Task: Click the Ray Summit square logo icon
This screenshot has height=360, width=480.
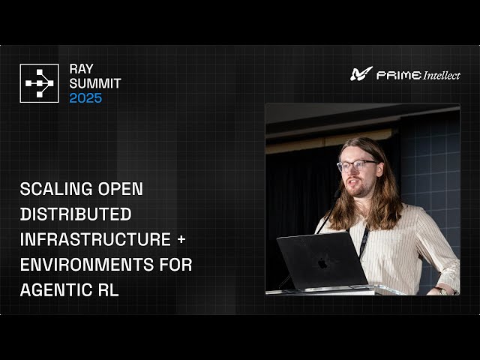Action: click(39, 83)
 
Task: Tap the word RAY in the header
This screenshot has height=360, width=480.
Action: click(82, 69)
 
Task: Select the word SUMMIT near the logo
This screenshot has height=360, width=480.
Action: click(95, 83)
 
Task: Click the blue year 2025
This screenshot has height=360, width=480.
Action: click(85, 98)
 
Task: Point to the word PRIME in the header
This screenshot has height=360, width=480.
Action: click(397, 75)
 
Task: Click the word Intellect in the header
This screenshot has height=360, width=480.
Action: click(441, 75)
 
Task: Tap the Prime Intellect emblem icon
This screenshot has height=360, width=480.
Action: click(361, 73)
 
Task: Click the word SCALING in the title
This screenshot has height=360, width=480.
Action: click(57, 189)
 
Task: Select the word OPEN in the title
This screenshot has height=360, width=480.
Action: click(122, 189)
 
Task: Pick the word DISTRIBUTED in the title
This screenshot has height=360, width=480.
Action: click(76, 214)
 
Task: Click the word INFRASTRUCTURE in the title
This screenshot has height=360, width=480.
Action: click(96, 240)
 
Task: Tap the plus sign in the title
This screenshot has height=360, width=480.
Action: click(184, 240)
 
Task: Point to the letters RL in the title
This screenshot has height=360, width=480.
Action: click(108, 290)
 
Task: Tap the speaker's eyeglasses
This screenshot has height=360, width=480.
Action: click(356, 165)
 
